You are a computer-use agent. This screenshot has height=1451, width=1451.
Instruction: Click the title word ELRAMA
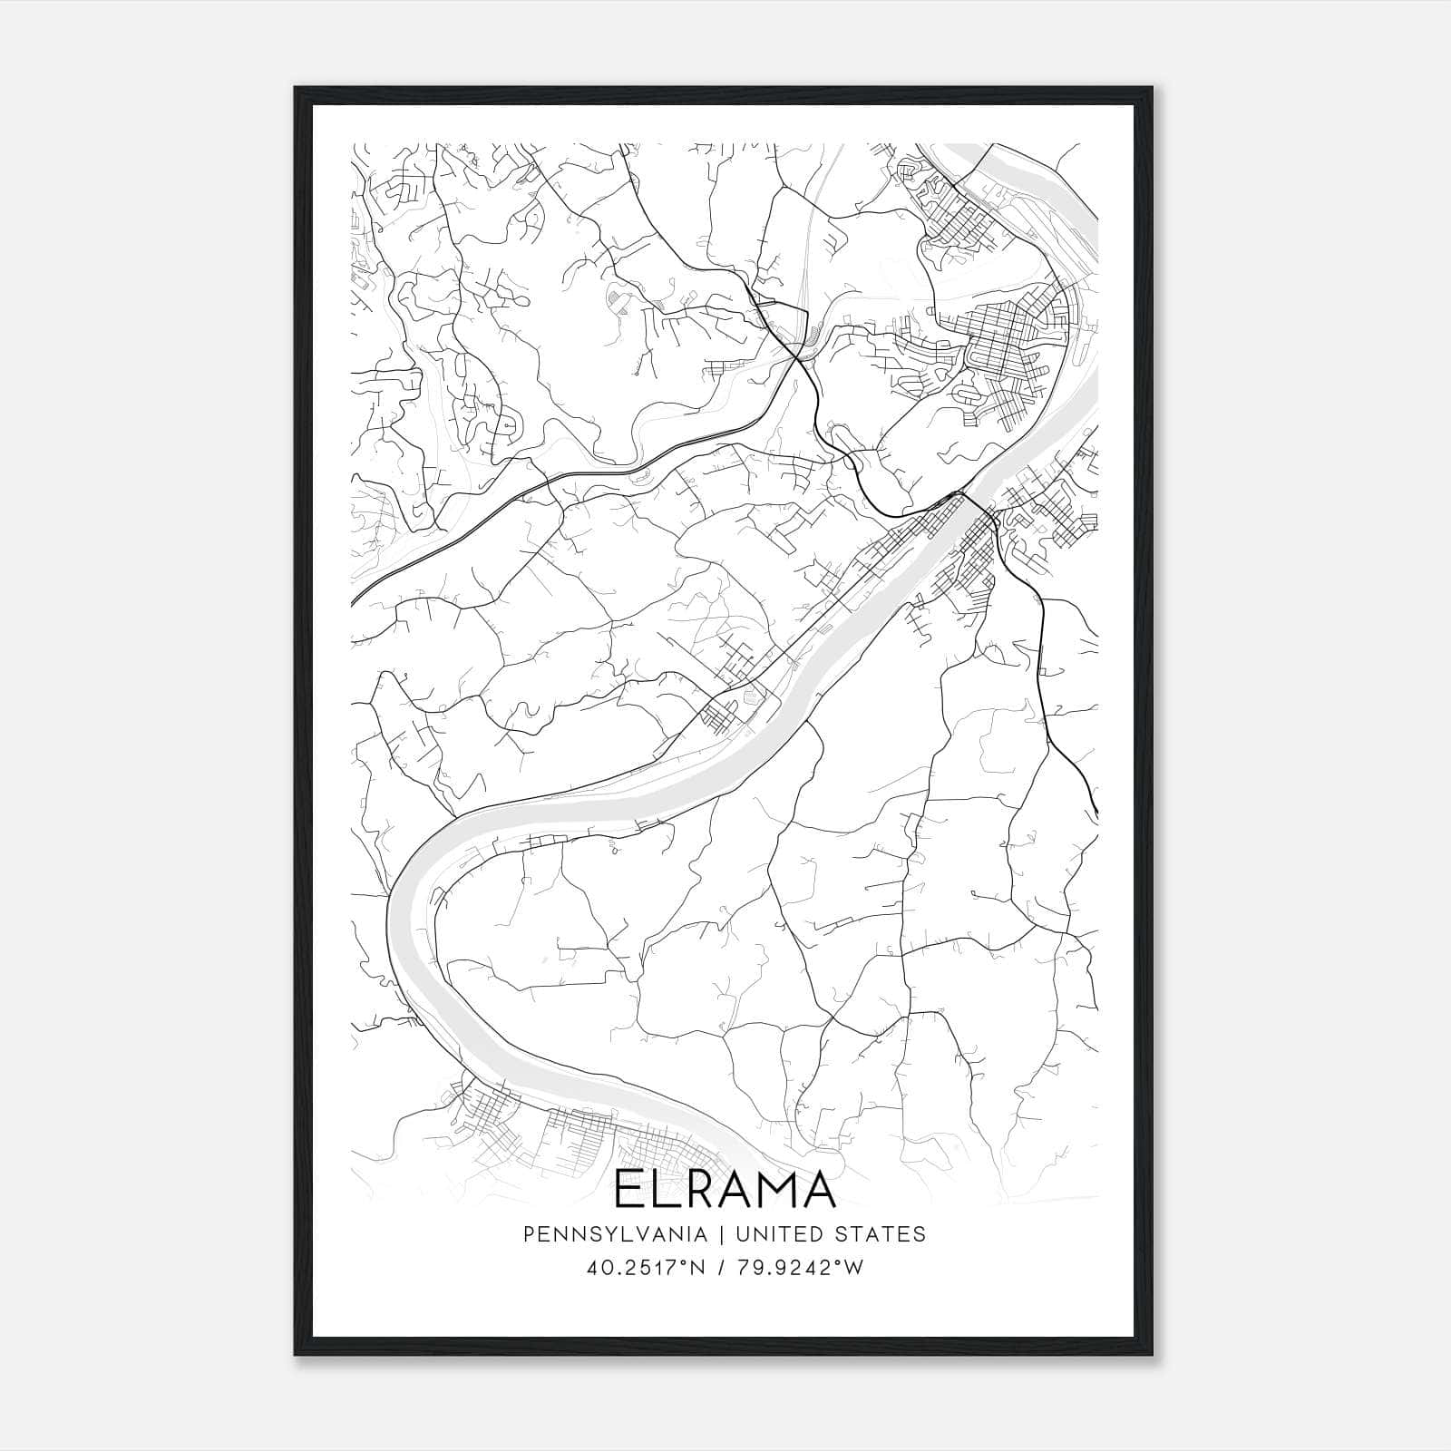[725, 1190]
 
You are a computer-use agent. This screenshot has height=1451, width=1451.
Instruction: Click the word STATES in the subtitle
[892, 1233]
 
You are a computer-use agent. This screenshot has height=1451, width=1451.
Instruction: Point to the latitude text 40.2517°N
[646, 1269]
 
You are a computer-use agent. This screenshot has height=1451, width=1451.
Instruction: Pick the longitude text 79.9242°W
[799, 1269]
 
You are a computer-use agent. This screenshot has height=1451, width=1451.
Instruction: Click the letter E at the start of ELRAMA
[628, 1190]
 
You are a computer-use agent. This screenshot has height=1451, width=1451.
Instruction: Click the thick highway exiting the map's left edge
[355, 599]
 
